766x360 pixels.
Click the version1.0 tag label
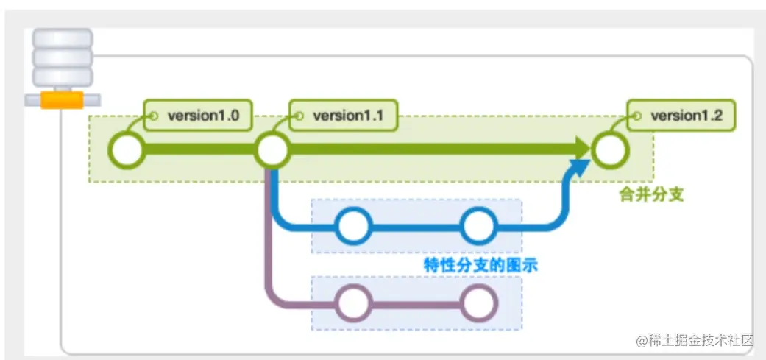pos(198,116)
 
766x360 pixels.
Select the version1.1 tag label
pos(344,116)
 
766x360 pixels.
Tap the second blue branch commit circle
pos(479,227)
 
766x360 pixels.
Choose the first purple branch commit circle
pos(352,302)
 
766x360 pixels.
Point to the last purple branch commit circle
pos(479,302)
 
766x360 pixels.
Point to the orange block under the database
pos(62,100)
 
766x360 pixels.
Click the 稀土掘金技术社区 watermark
pos(695,340)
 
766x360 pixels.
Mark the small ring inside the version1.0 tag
pos(154,116)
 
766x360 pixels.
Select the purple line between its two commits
pos(416,302)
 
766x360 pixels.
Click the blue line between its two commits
pos(416,227)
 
